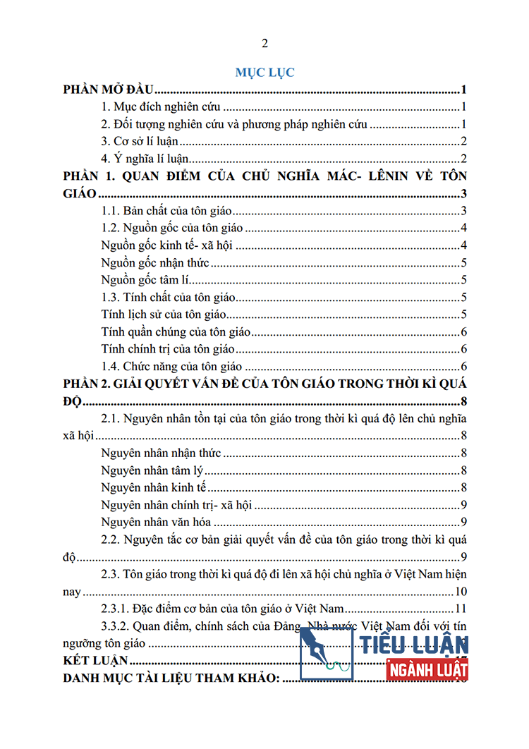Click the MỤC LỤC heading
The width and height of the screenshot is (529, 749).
[x=264, y=72]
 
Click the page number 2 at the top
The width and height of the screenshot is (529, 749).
[x=264, y=44]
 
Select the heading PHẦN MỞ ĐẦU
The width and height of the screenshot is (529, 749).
[x=109, y=90]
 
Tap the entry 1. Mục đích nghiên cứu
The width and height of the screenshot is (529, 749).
[x=162, y=107]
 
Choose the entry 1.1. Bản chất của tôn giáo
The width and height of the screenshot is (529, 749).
[x=167, y=210]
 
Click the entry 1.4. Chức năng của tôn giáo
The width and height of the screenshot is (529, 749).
[x=171, y=366]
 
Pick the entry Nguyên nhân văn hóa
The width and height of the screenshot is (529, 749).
[x=157, y=522]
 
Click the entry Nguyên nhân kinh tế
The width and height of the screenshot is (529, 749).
[x=153, y=487]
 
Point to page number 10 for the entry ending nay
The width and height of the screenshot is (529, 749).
[x=462, y=591]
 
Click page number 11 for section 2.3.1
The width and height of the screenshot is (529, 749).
[x=462, y=608]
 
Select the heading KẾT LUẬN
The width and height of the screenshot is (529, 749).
[x=95, y=660]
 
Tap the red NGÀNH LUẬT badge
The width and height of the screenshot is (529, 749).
[x=427, y=669]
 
